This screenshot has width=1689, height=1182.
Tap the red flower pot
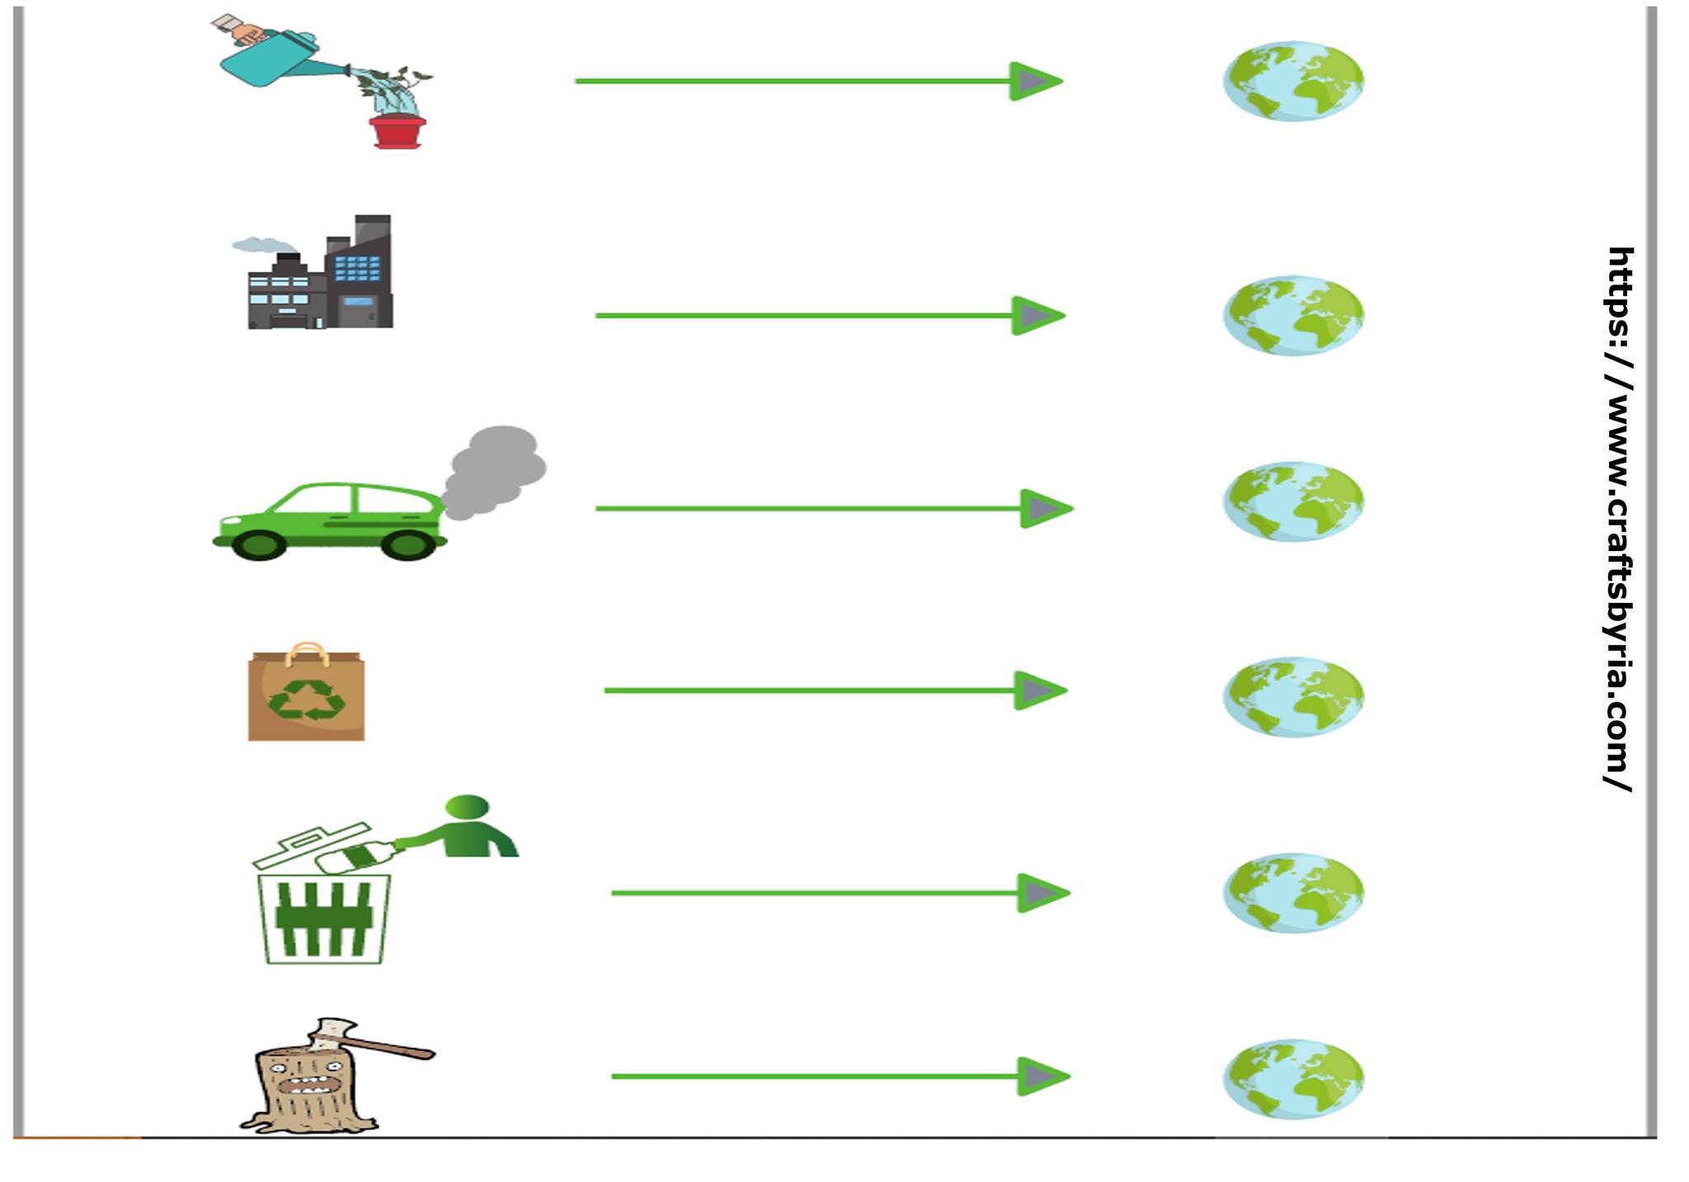(x=398, y=132)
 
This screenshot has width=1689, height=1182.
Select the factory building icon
(x=322, y=276)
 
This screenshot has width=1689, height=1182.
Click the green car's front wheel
(x=258, y=544)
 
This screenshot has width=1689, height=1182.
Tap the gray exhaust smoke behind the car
(x=495, y=470)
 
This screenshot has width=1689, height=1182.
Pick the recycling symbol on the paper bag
(x=306, y=699)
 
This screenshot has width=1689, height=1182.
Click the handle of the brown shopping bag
(x=307, y=652)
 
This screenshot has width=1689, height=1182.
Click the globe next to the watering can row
(x=1293, y=81)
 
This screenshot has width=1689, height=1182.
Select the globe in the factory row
(x=1293, y=315)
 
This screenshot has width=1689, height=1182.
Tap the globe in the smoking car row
(x=1293, y=501)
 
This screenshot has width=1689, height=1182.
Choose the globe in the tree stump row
(x=1293, y=1078)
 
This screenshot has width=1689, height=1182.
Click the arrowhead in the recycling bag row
(x=1039, y=690)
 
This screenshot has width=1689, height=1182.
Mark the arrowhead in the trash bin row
(x=1042, y=892)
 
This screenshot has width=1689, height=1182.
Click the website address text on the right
(x=1619, y=520)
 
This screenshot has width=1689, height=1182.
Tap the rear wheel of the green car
(x=408, y=544)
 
